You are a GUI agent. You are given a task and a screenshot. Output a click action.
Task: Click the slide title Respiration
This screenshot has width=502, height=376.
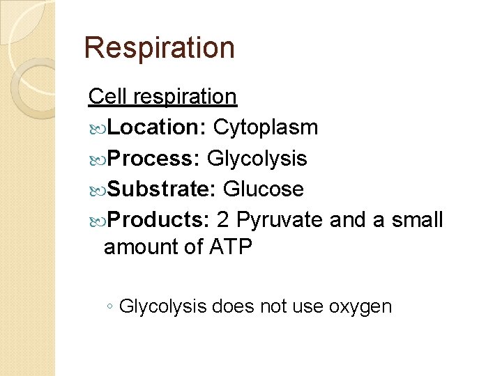[x=159, y=48]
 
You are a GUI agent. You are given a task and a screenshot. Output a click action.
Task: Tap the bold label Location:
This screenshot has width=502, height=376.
[x=158, y=127]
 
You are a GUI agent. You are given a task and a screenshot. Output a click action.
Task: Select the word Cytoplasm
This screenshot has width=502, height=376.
[x=266, y=127]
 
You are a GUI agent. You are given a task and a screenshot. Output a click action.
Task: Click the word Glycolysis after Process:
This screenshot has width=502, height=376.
[x=257, y=159]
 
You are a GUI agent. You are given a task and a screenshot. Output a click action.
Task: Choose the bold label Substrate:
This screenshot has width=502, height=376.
[x=162, y=189]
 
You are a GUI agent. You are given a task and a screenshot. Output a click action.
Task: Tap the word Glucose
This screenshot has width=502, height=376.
[x=263, y=189]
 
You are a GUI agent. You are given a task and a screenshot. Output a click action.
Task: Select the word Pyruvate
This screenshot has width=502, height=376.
[x=280, y=220]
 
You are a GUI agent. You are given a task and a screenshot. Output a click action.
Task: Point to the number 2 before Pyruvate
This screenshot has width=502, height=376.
[x=223, y=220]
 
